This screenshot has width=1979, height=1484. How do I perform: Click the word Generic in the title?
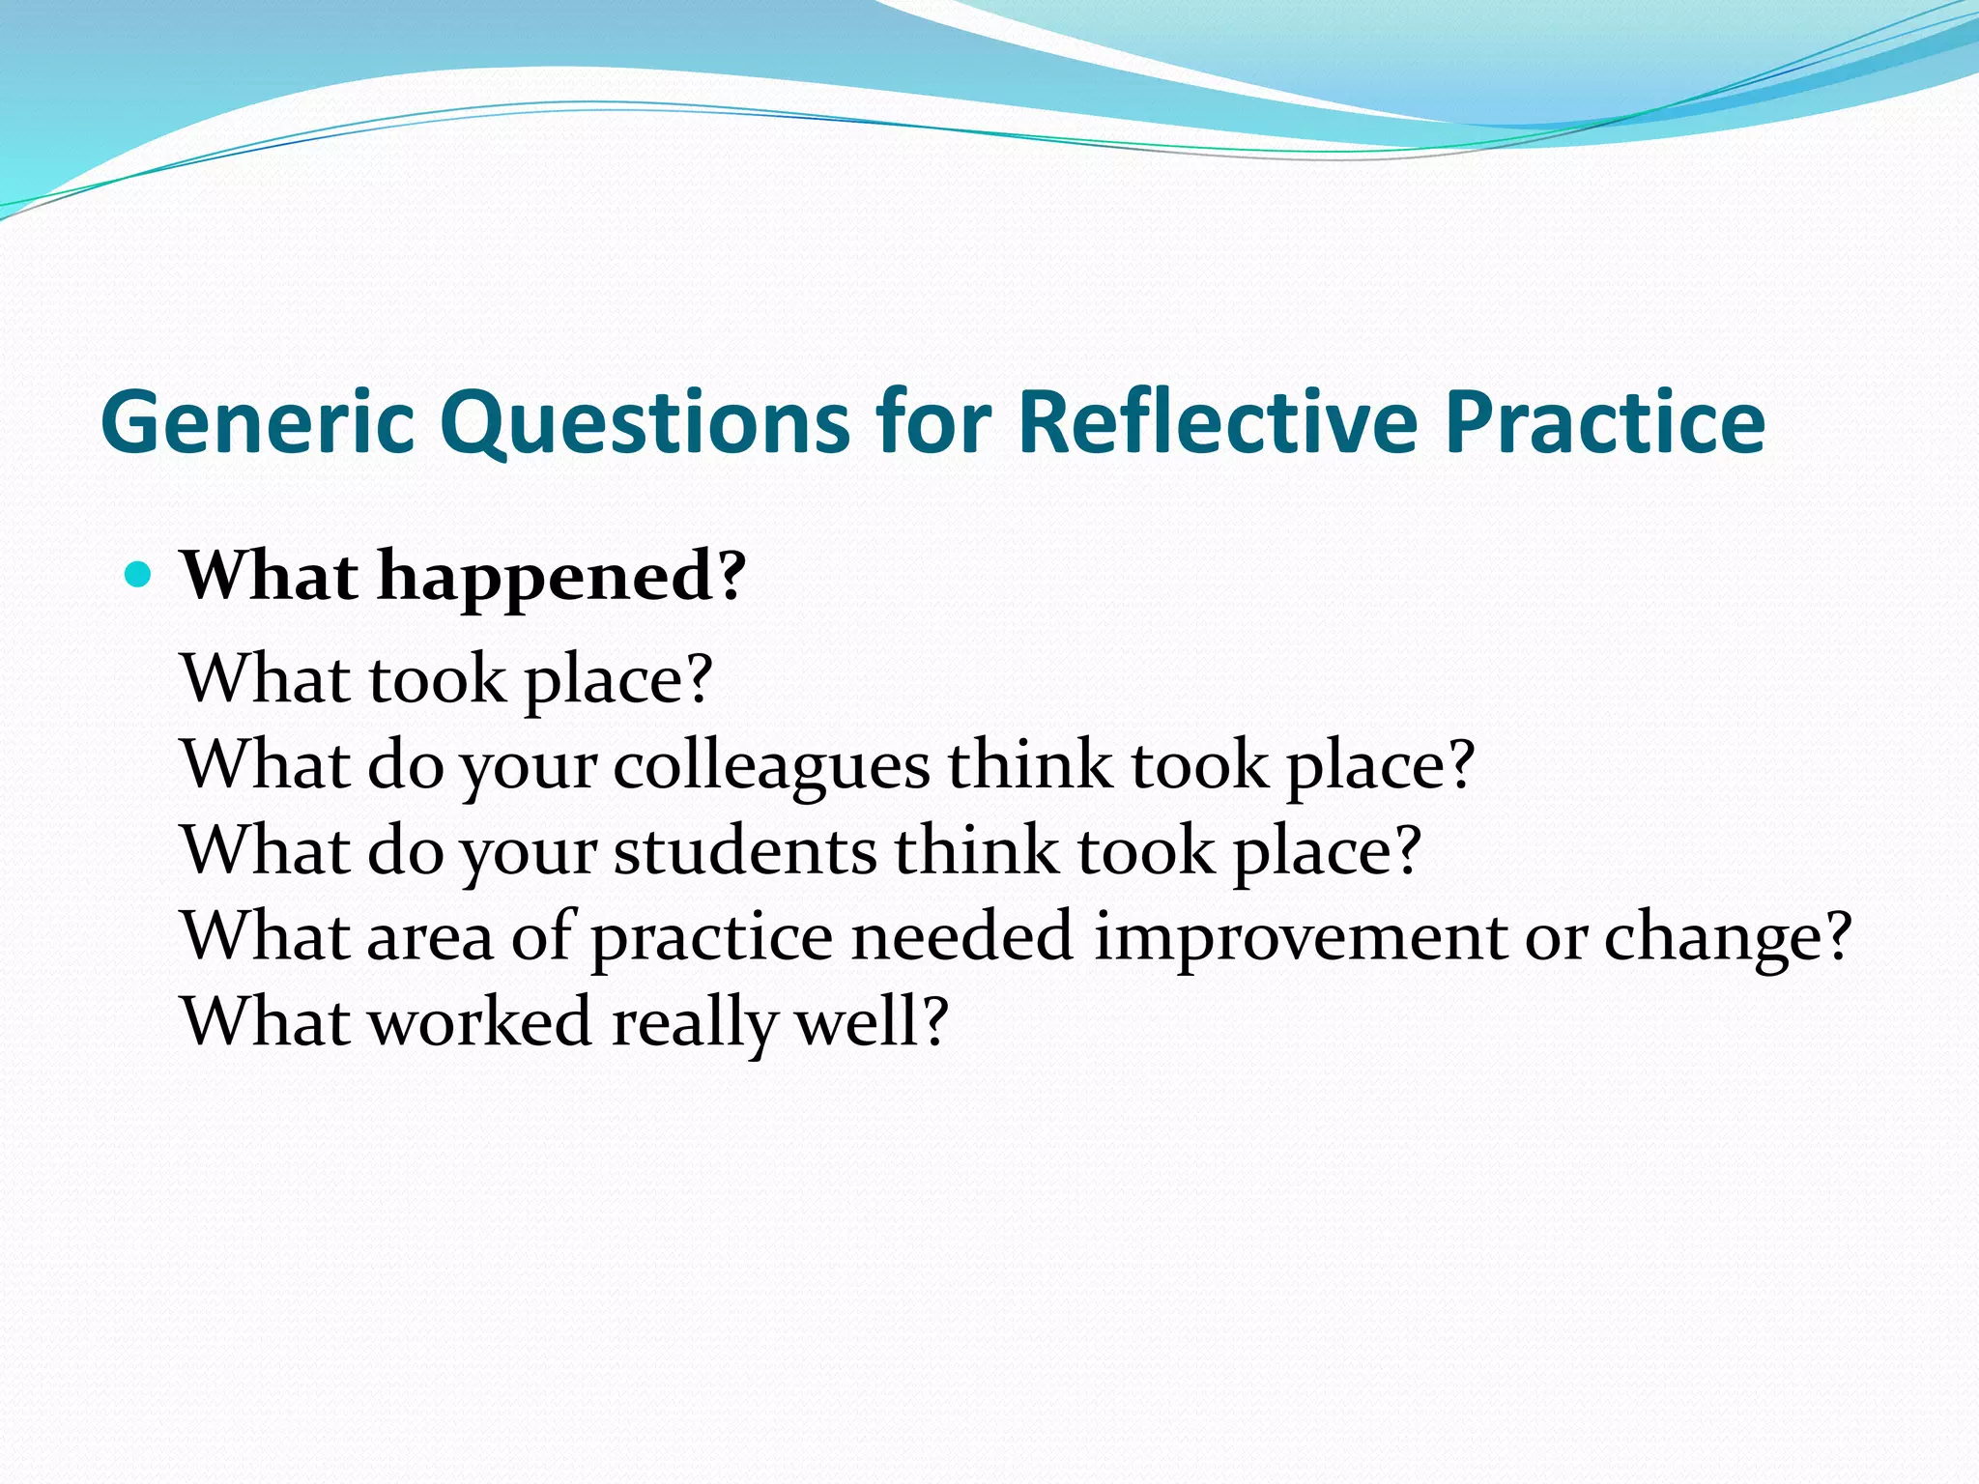(x=258, y=422)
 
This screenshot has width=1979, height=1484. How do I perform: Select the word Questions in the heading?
(x=645, y=422)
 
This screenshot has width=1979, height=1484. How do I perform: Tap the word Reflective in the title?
(x=1218, y=422)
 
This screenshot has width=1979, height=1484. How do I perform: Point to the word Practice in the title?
(x=1605, y=422)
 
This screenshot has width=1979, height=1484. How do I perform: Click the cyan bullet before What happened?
(x=139, y=576)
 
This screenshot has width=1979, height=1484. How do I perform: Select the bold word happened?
(x=561, y=577)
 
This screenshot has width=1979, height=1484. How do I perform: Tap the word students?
(x=745, y=851)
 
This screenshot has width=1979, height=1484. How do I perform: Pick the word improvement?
(x=1300, y=936)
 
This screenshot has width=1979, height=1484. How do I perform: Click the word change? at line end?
(x=1728, y=938)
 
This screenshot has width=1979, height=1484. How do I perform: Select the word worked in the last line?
(x=480, y=1021)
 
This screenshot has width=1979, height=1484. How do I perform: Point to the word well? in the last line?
(x=872, y=1021)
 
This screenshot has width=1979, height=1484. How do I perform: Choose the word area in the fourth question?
(x=430, y=938)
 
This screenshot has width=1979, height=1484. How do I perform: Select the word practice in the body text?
(x=711, y=938)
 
